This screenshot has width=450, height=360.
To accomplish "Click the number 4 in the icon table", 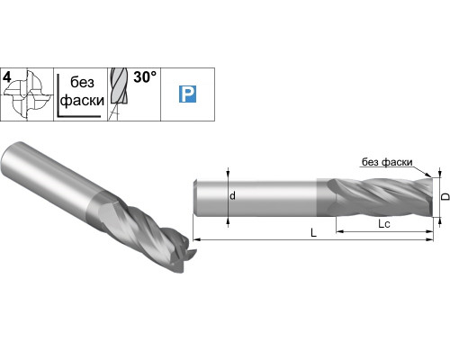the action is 6,77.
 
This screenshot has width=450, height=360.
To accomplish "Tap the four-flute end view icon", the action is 28,94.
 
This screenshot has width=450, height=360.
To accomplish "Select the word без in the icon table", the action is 82,82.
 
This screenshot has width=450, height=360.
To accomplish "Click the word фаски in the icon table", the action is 82,101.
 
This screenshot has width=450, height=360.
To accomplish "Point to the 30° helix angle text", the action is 145,77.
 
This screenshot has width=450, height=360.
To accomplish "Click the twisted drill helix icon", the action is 119,94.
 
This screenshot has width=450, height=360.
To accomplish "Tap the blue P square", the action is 187,94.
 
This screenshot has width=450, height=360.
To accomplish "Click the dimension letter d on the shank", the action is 232,196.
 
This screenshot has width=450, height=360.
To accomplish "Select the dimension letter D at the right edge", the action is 446,196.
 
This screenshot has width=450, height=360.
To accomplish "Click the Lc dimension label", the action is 384,223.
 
